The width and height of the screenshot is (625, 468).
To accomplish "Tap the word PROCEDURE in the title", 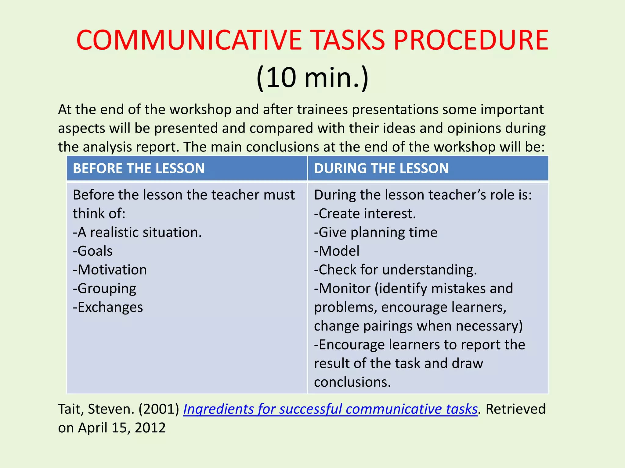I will [471, 40].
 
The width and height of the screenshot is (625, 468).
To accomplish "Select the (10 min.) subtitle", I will [312, 78].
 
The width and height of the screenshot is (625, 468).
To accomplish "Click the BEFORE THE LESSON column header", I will [139, 168].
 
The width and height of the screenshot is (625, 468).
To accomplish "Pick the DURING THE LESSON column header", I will [381, 168].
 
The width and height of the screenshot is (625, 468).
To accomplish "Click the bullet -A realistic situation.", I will [137, 232].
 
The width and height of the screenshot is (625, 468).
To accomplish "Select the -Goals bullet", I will [93, 251].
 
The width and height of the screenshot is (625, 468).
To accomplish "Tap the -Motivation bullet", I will [110, 270].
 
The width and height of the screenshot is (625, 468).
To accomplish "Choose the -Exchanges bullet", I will [108, 307].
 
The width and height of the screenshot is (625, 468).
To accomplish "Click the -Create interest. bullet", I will [365, 214].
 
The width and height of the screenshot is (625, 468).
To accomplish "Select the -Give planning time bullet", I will [376, 232].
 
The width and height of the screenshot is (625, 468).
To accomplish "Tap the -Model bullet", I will [337, 251].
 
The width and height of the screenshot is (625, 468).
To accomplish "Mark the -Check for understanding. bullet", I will [396, 270].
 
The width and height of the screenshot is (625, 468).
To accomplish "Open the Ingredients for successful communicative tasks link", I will [330, 409].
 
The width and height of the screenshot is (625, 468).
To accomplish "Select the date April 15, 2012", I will [122, 428].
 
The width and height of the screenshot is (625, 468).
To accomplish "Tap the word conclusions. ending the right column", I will [352, 382].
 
